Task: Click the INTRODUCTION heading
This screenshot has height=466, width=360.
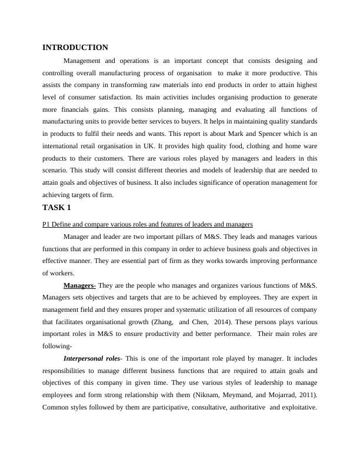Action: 75,48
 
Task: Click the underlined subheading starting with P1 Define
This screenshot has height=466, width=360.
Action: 148,224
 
